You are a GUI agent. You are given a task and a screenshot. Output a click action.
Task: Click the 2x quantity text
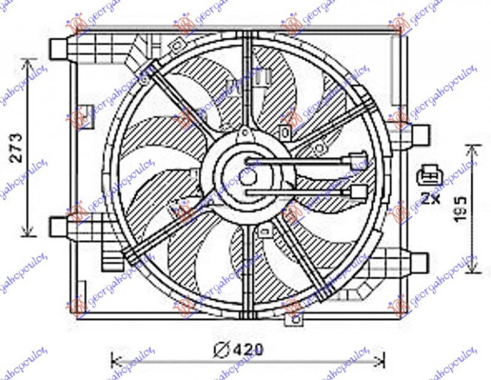(431, 198)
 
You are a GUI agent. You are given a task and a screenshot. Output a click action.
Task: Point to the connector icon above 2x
(431, 176)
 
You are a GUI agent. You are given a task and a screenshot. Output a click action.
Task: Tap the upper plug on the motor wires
(354, 160)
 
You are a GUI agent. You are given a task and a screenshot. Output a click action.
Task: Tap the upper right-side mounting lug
(420, 134)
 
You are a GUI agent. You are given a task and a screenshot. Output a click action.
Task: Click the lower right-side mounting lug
(420, 260)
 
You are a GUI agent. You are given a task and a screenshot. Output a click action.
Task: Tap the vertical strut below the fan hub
(246, 266)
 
